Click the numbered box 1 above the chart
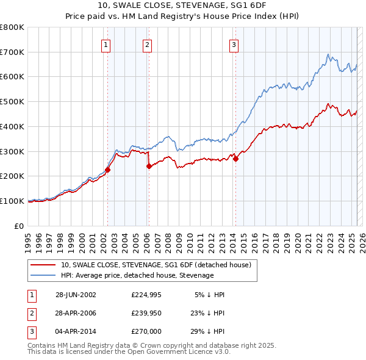106,43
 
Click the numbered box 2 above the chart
148,43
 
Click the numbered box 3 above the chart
234,43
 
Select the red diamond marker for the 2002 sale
108,170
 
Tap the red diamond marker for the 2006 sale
149,166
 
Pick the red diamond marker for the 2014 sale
235,159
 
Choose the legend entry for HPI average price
137,275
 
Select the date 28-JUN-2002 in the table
76,295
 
